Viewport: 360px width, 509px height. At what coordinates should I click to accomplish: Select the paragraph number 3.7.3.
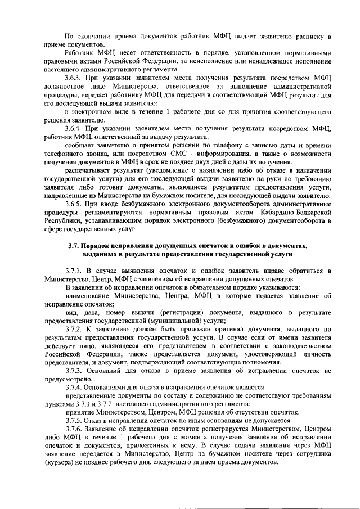coord(74,370)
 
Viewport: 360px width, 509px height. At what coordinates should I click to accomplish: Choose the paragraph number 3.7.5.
coord(74,420)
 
